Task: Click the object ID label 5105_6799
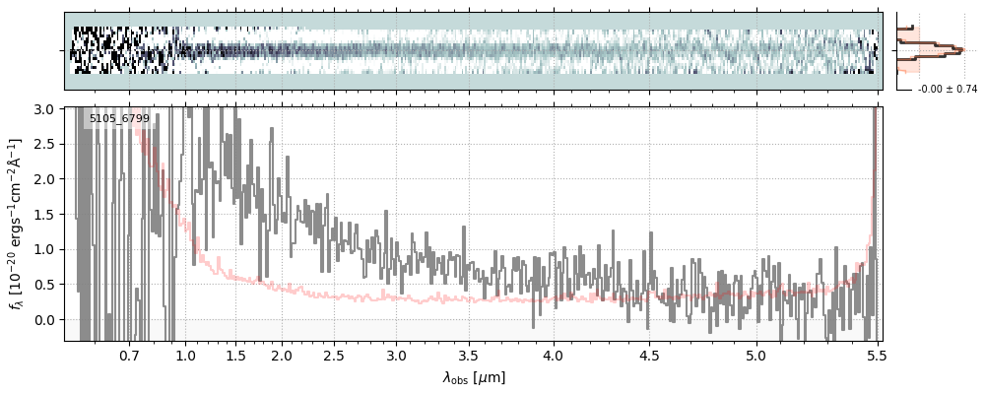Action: tap(119, 119)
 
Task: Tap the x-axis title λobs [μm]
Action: tap(474, 377)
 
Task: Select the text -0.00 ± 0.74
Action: tap(947, 90)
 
